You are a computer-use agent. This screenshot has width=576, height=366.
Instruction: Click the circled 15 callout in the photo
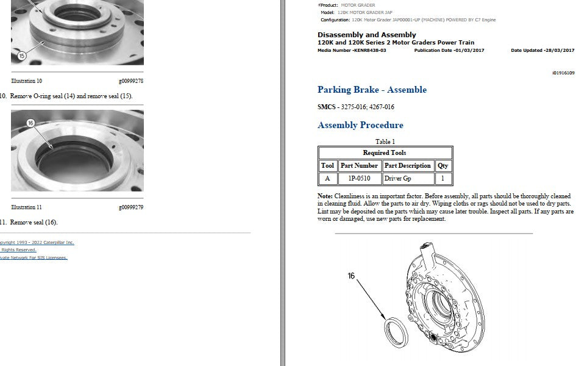[22, 56]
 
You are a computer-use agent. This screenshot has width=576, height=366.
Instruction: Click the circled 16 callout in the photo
[30, 123]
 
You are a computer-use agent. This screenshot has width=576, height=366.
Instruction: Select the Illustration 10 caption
[26, 81]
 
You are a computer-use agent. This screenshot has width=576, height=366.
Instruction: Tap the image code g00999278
[131, 81]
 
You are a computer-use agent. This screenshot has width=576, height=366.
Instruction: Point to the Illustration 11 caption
[26, 207]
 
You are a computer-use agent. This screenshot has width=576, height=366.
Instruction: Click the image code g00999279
[131, 207]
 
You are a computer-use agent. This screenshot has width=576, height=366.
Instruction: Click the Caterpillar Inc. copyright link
[36, 243]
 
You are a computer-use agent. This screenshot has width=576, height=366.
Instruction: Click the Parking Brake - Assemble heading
[372, 90]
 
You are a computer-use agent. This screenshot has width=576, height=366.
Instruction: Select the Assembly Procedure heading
[360, 125]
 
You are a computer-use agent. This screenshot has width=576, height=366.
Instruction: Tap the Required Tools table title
[385, 153]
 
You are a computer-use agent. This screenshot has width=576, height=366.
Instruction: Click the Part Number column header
[359, 166]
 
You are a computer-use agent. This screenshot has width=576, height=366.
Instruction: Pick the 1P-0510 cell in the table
[359, 179]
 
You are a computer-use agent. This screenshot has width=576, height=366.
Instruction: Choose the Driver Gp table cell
[397, 179]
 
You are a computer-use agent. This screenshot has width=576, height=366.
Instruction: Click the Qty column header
[443, 166]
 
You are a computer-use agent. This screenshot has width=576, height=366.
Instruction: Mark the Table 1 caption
[385, 142]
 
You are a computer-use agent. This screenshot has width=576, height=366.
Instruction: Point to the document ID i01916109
[563, 73]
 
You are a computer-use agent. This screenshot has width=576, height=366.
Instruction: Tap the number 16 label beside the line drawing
[351, 276]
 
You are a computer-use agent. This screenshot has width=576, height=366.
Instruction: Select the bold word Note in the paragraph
[325, 196]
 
